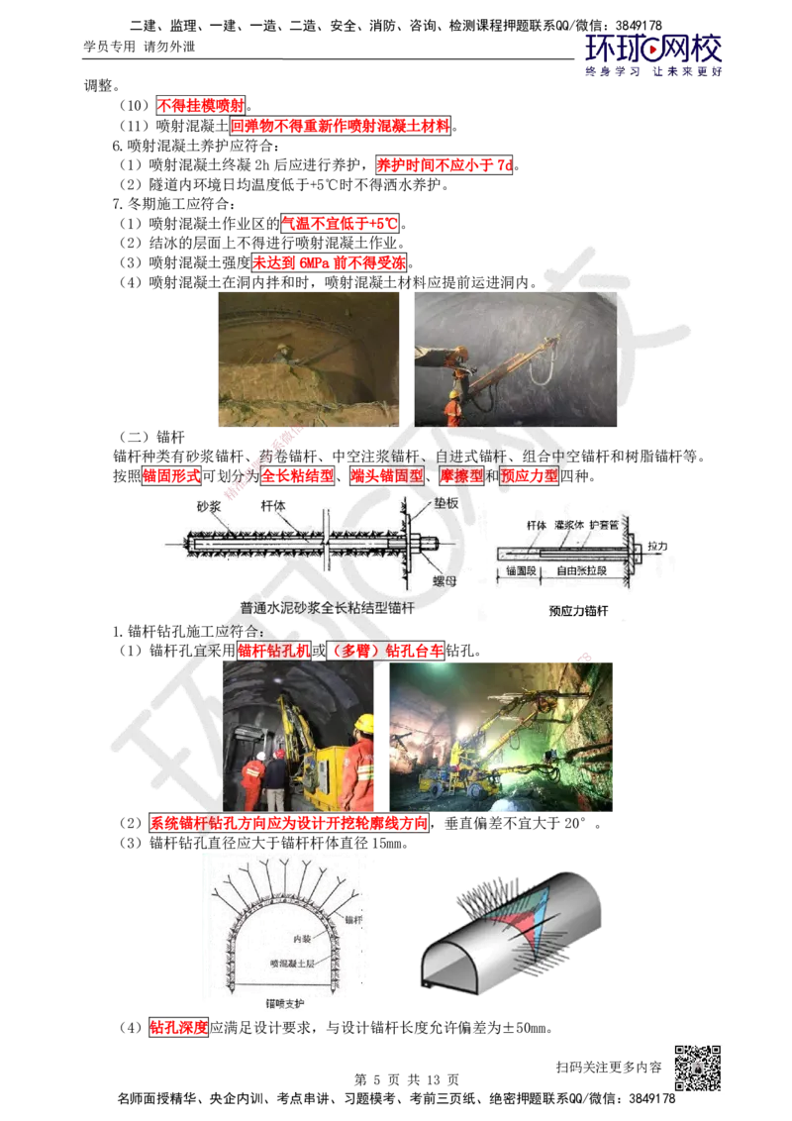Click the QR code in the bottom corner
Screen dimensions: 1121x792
[696, 1068]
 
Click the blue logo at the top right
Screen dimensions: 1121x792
[653, 55]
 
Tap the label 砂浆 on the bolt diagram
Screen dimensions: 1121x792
[207, 506]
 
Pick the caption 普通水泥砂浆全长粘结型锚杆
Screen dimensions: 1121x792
[327, 609]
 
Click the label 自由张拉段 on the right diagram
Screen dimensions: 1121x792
[582, 571]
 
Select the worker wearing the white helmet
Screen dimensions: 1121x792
[259, 755]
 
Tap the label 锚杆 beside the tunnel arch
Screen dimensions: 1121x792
[352, 921]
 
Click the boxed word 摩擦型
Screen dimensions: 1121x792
[460, 475]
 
